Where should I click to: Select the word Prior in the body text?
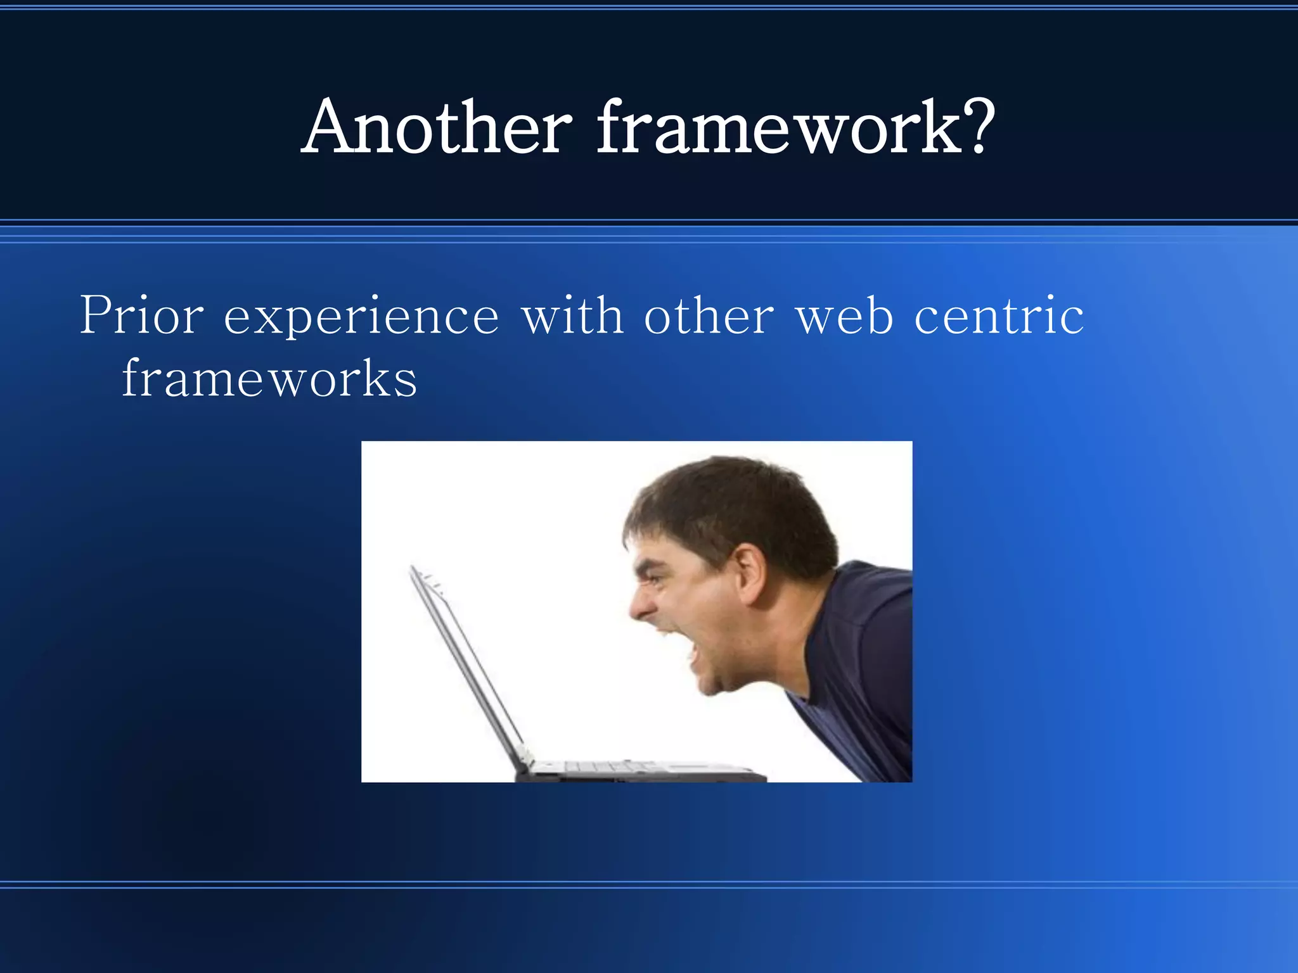tap(141, 315)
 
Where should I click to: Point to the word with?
tap(572, 315)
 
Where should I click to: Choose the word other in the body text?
tap(709, 315)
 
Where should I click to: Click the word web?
tap(844, 315)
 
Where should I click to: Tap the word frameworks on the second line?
tap(269, 378)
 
